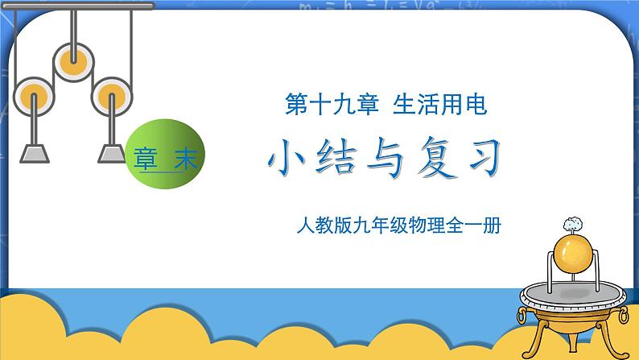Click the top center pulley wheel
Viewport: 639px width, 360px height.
pyautogui.click(x=74, y=59)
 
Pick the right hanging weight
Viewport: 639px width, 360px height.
pyautogui.click(x=113, y=153)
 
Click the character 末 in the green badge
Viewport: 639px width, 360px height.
pyautogui.click(x=185, y=159)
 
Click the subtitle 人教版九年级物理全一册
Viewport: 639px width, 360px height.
pyautogui.click(x=398, y=228)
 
